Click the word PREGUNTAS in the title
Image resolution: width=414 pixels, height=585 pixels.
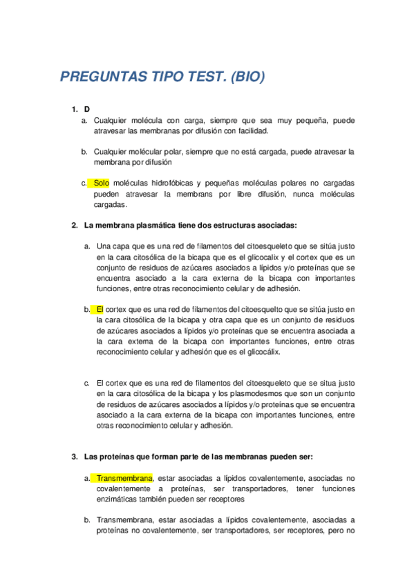pos(100,77)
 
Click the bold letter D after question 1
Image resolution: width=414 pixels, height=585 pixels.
pos(87,110)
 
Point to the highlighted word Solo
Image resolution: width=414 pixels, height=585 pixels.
pos(101,183)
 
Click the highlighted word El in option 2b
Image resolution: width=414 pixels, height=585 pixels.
pos(100,310)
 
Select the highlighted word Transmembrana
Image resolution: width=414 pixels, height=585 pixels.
pos(124,478)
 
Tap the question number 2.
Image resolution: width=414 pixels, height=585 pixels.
pos(75,225)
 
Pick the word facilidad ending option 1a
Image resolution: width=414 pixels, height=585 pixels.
pos(251,130)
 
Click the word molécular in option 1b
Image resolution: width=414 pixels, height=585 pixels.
pos(144,152)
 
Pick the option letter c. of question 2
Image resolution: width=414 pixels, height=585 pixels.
pos(87,383)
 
